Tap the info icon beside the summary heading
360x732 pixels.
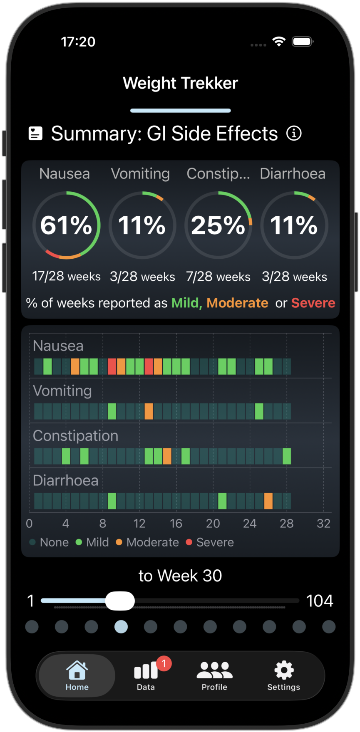click(x=294, y=134)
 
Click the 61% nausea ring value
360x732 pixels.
click(x=66, y=225)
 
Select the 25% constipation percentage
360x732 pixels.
click(x=218, y=225)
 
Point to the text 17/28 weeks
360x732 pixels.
click(x=66, y=277)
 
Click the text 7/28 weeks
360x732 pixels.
click(x=218, y=277)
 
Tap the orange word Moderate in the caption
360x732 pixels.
click(x=237, y=303)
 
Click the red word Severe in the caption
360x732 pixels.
click(x=313, y=303)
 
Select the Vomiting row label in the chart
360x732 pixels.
click(x=62, y=391)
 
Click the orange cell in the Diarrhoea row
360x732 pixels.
click(x=268, y=501)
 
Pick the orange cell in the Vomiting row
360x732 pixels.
click(x=149, y=411)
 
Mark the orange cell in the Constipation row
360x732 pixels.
click(x=167, y=456)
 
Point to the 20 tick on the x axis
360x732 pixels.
click(x=213, y=523)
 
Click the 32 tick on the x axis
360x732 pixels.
click(x=323, y=523)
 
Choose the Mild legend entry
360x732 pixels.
click(x=92, y=542)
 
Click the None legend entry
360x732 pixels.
click(x=49, y=542)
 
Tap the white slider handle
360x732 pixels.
click(x=120, y=601)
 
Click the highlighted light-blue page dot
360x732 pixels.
click(x=121, y=626)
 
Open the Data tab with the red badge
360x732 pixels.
click(x=146, y=675)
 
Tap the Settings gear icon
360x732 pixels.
click(x=284, y=670)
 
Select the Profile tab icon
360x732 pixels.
click(x=214, y=670)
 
